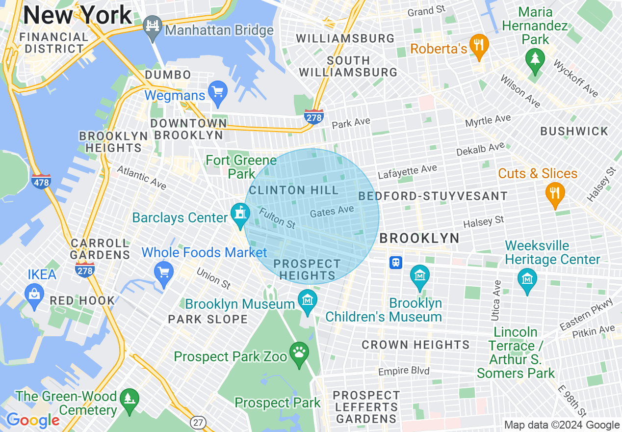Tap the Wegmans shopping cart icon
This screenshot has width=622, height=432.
click(x=217, y=91)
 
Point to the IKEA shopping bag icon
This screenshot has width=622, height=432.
click(x=34, y=294)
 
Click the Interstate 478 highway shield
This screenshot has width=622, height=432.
click(x=41, y=181)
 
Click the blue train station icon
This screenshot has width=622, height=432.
click(x=395, y=263)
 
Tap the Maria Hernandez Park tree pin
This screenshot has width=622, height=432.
click(x=535, y=58)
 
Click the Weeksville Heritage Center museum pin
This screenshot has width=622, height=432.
click(x=527, y=279)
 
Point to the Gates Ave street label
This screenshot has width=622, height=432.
click(x=332, y=212)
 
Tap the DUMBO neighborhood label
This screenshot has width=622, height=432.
click(x=168, y=75)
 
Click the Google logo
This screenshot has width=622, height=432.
click(x=32, y=420)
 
